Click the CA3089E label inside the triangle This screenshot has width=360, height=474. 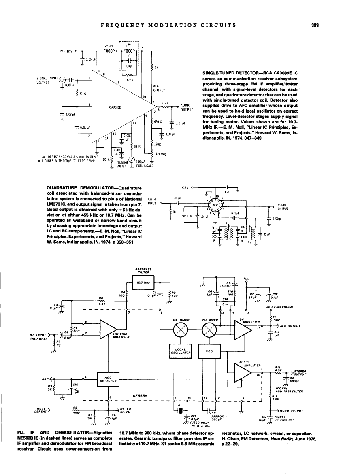click(115, 108)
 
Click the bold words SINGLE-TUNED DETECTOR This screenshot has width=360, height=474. click(229, 73)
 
